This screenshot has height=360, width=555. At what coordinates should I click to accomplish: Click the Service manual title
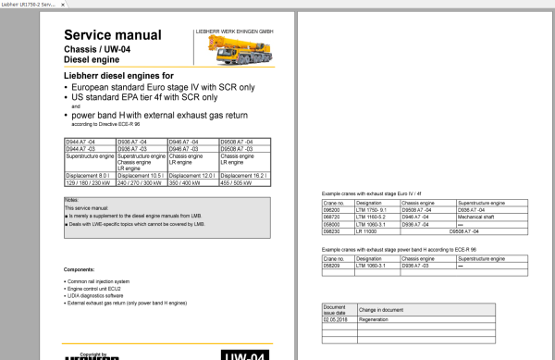pos(105,29)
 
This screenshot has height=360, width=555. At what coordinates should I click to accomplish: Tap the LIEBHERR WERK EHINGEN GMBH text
pos(234,31)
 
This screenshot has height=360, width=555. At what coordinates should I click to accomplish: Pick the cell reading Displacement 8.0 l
pos(85,174)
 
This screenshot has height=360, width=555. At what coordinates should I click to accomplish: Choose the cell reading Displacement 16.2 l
pos(243,174)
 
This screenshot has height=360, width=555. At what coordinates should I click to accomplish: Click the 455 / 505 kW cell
pos(235,181)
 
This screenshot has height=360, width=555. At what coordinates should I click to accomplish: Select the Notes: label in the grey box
pos(72,199)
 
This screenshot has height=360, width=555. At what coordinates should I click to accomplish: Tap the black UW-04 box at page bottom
pos(246,354)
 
